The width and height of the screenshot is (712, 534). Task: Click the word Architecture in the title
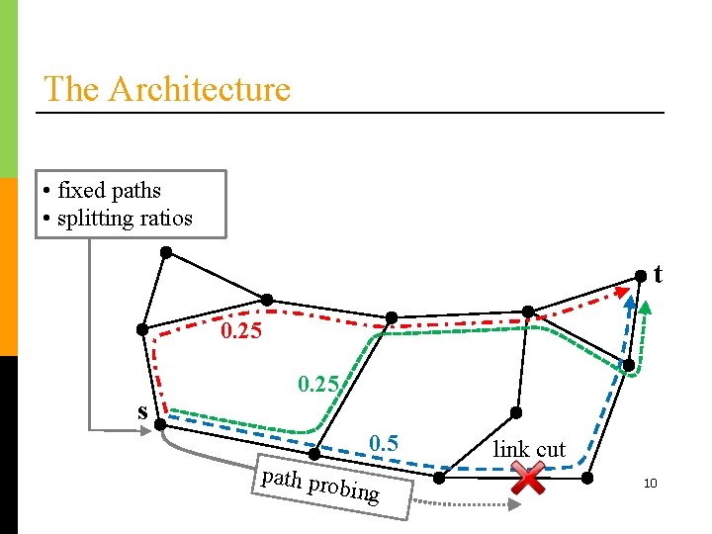pos(199,89)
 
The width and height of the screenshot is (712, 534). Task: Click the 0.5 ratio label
pos(383,443)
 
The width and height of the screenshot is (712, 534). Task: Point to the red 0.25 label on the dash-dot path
pos(241,331)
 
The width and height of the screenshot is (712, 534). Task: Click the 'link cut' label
pos(529,449)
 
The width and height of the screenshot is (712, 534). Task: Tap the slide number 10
pos(650,484)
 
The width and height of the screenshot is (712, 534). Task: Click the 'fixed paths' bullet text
pos(109,190)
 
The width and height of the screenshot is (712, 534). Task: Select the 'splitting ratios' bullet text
pos(125,218)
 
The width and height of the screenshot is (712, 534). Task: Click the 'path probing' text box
pos(319,485)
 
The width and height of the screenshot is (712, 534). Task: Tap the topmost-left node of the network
pos(166,252)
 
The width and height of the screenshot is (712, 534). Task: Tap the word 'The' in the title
pos(71,89)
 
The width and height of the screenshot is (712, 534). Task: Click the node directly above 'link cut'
pos(515,412)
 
